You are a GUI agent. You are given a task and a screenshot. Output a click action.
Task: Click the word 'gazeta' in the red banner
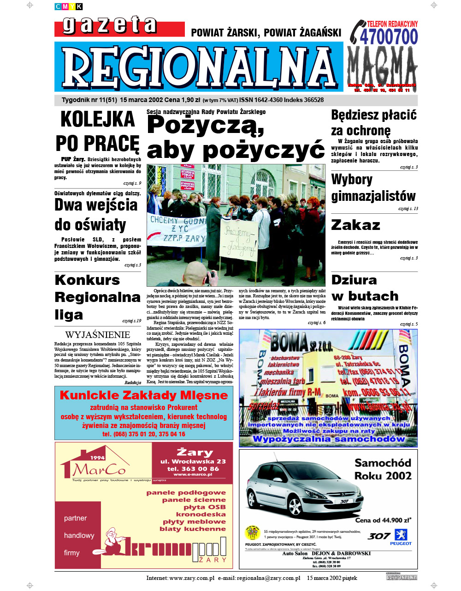point(110,25)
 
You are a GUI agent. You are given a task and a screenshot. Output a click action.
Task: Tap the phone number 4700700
point(389,37)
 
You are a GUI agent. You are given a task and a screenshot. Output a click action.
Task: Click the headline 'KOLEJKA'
point(98,120)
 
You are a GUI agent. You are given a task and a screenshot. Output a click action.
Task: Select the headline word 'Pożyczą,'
point(206,125)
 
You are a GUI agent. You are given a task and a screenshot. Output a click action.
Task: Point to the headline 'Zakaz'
point(355,225)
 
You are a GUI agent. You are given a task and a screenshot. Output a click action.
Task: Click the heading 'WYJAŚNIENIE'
point(98,335)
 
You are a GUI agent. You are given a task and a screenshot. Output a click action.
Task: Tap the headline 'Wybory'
point(352,179)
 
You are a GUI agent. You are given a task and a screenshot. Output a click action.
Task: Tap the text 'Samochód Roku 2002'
point(383,469)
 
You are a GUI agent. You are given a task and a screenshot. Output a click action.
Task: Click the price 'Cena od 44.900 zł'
point(383,520)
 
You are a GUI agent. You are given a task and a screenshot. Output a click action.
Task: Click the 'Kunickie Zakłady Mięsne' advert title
point(144,396)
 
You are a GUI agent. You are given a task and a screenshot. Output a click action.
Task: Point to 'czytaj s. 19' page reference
point(132,320)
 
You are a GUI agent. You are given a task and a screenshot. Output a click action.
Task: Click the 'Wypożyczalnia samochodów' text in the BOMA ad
point(328,439)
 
